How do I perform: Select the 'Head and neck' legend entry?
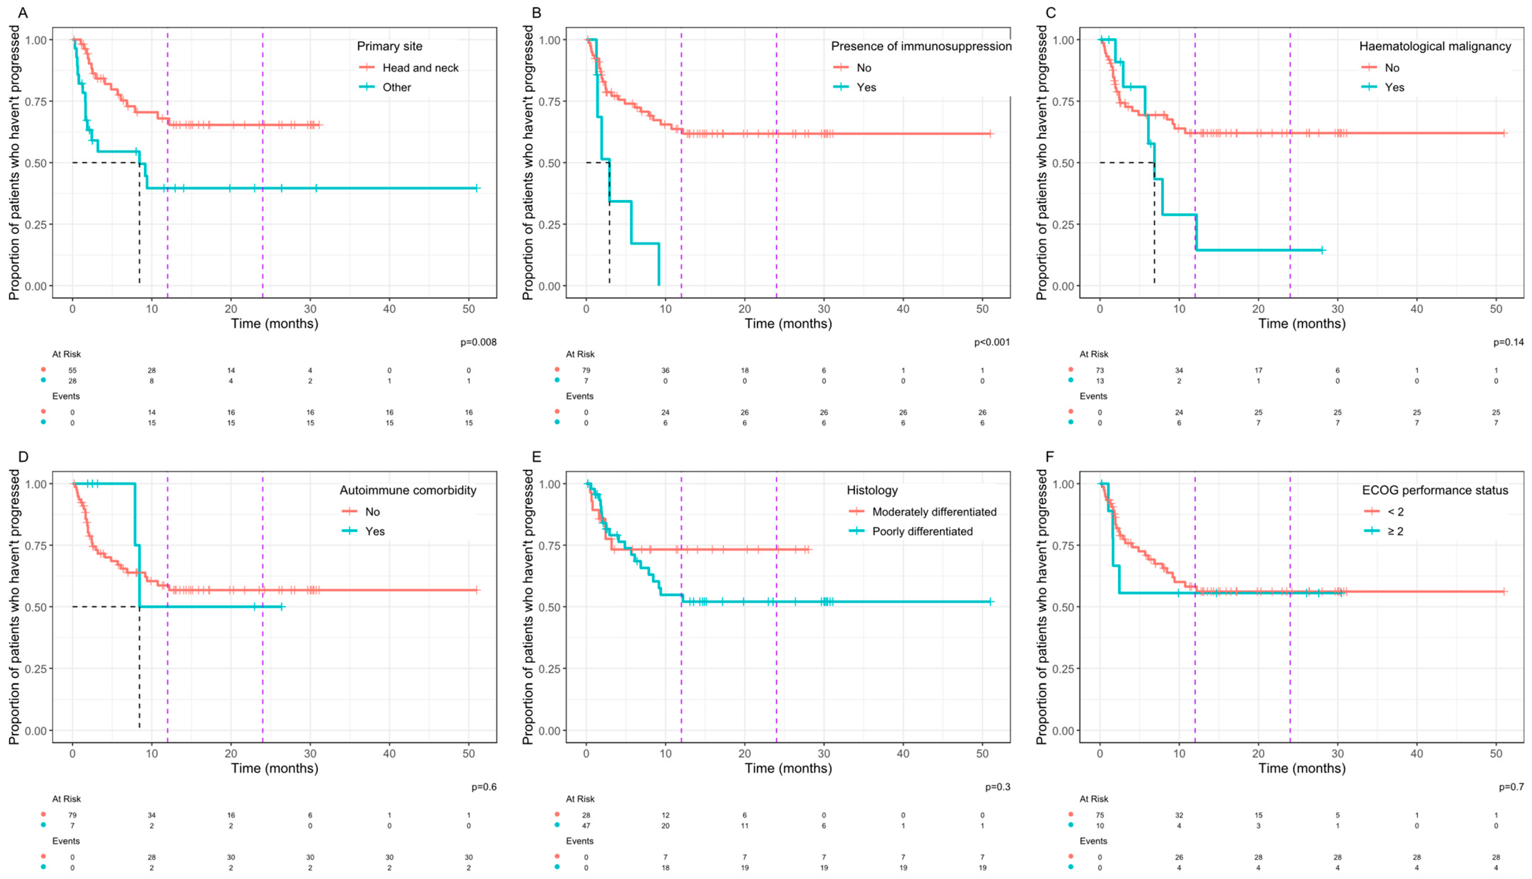[x=420, y=67]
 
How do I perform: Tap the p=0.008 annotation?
[x=478, y=342]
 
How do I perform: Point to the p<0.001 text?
[x=992, y=342]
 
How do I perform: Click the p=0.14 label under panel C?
[x=1508, y=342]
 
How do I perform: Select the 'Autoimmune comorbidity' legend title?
[x=407, y=490]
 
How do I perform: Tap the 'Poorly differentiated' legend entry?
[x=922, y=531]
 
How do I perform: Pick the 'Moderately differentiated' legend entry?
[x=934, y=512]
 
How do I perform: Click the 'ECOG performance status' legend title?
[x=1435, y=490]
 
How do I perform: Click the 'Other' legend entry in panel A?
[x=397, y=87]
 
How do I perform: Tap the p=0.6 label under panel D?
[x=484, y=787]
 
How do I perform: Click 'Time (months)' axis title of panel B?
[x=788, y=324]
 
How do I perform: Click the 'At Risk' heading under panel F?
[x=1093, y=799]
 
